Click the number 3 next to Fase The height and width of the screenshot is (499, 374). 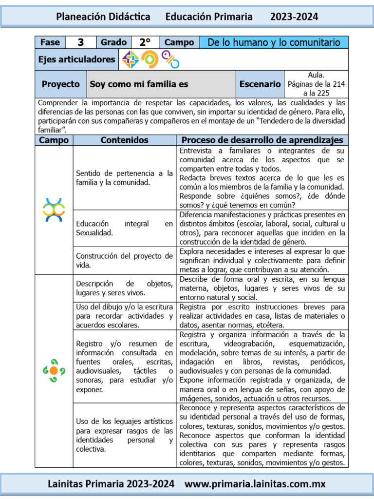point(81,42)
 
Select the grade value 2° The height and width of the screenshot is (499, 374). point(145,42)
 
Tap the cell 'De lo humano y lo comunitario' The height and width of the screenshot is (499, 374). point(274,42)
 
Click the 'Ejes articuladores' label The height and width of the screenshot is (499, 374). point(77,59)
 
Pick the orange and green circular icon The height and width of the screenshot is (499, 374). point(150,59)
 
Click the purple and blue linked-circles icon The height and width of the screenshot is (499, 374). point(170,59)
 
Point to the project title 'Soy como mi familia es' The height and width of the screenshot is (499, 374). point(139,84)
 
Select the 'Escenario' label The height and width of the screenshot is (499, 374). point(260,84)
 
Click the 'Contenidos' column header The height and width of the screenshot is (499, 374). point(124,140)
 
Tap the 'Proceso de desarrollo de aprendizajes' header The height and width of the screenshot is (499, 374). point(262,140)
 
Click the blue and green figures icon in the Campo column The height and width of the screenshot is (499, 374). point(54,210)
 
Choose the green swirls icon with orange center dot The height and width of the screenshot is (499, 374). point(54,370)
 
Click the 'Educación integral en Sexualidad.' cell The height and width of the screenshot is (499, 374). point(124,228)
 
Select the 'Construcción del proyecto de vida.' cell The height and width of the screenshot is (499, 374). point(124,261)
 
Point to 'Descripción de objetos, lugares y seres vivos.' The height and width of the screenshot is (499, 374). point(124,288)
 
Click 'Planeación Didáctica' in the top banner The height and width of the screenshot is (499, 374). point(103,17)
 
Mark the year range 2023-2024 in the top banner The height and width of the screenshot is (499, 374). point(294,17)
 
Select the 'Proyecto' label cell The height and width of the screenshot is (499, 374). point(60,84)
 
